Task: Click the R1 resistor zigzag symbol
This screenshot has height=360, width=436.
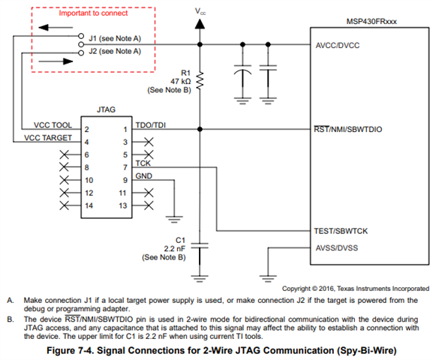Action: tap(200, 80)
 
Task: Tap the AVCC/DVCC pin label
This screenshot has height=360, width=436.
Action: tap(337, 45)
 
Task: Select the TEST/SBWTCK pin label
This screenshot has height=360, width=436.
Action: tap(341, 231)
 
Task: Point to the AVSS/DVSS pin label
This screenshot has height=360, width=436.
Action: tap(337, 247)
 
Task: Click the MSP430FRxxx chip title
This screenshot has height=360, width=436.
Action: tap(371, 22)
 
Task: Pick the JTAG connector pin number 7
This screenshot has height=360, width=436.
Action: tap(125, 167)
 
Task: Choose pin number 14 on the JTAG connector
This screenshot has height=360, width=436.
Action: tap(89, 205)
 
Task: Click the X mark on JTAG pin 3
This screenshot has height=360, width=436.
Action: tap(149, 142)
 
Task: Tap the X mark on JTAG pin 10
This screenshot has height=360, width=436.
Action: tap(65, 180)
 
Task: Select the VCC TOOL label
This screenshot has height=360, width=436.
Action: tap(53, 125)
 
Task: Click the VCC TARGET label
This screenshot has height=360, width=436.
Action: tap(48, 138)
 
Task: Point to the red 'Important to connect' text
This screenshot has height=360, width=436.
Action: tap(93, 13)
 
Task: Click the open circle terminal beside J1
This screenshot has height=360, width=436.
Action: tap(81, 36)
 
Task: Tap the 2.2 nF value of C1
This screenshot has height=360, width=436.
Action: tap(174, 248)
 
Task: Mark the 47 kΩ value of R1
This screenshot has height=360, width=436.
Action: tap(180, 82)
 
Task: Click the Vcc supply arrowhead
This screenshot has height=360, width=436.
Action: tap(200, 24)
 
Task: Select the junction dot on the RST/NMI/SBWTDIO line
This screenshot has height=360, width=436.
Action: tap(200, 129)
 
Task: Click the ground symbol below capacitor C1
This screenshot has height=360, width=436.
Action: tap(200, 278)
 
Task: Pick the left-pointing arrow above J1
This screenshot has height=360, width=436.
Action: tap(56, 28)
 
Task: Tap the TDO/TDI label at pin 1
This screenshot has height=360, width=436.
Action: tap(150, 125)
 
